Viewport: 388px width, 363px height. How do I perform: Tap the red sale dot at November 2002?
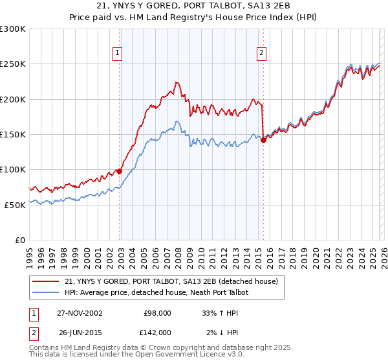(120, 171)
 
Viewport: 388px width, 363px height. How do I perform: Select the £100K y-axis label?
(13, 169)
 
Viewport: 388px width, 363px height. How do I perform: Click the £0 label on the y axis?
(19, 240)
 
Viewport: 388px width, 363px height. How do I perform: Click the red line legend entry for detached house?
(171, 281)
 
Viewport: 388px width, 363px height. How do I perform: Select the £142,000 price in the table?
(156, 333)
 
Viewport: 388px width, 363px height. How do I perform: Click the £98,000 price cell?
(158, 313)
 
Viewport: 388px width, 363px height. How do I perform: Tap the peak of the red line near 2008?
(175, 82)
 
